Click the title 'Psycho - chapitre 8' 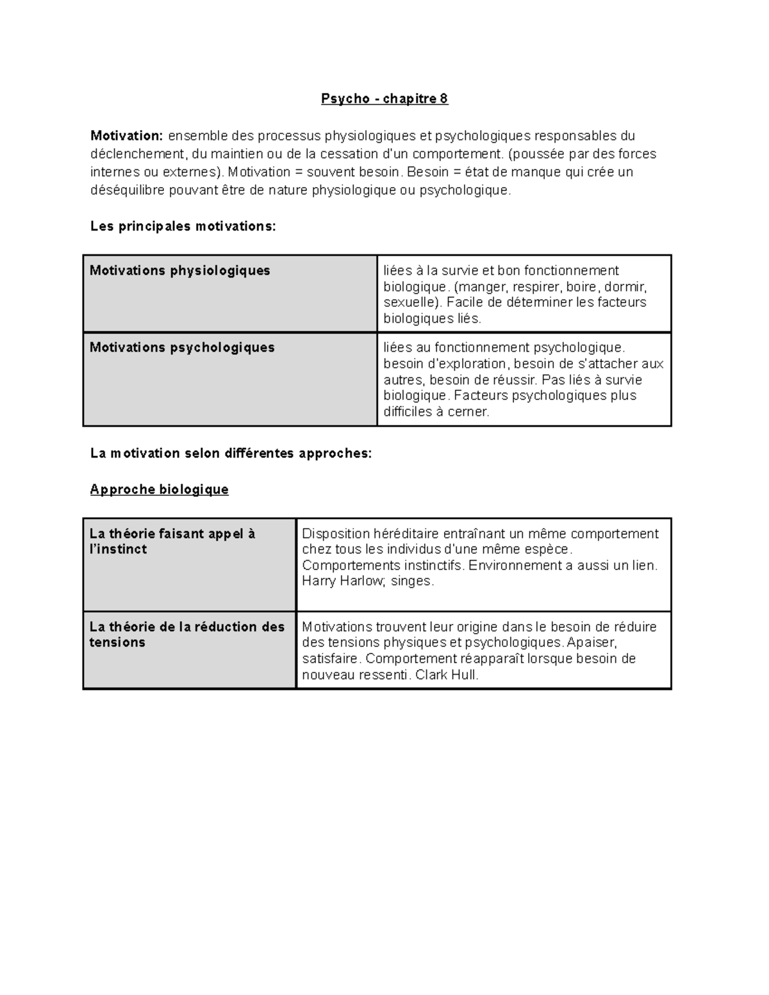click(x=384, y=99)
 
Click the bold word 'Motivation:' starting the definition click(x=127, y=136)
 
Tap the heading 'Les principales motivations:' click(x=183, y=226)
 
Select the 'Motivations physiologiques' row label click(x=180, y=270)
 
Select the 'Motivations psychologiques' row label click(x=182, y=347)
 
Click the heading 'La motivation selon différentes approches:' click(x=231, y=454)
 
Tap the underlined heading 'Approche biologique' click(x=159, y=489)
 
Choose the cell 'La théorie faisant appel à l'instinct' click(x=172, y=541)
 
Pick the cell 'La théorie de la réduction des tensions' click(x=186, y=634)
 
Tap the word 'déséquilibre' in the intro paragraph click(x=128, y=190)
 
